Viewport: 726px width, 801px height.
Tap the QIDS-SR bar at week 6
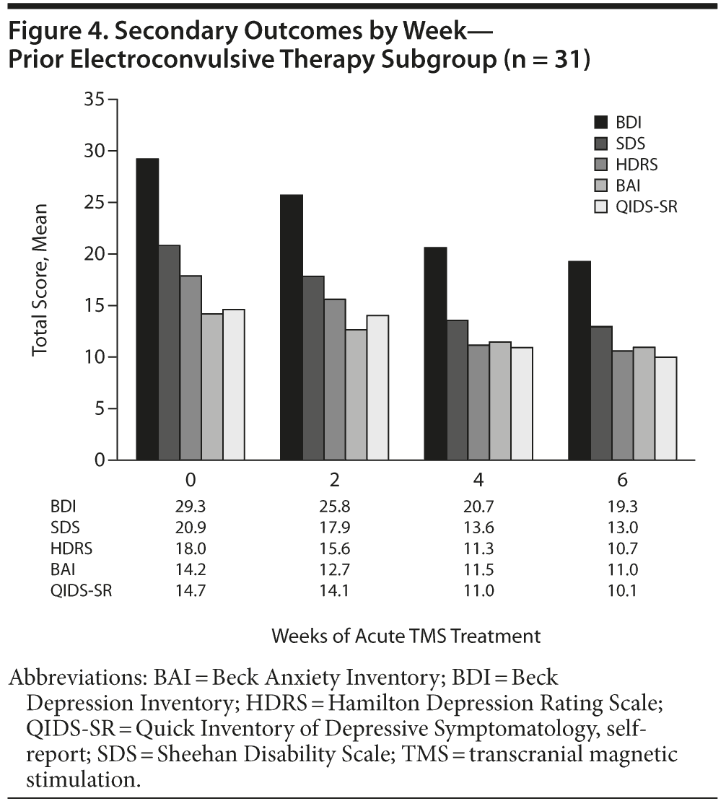coord(666,408)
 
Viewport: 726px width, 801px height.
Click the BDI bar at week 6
coord(580,361)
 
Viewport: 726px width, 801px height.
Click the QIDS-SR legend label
coord(645,206)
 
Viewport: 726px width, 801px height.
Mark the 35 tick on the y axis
coord(110,100)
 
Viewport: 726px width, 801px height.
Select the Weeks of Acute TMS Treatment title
coord(406,636)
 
